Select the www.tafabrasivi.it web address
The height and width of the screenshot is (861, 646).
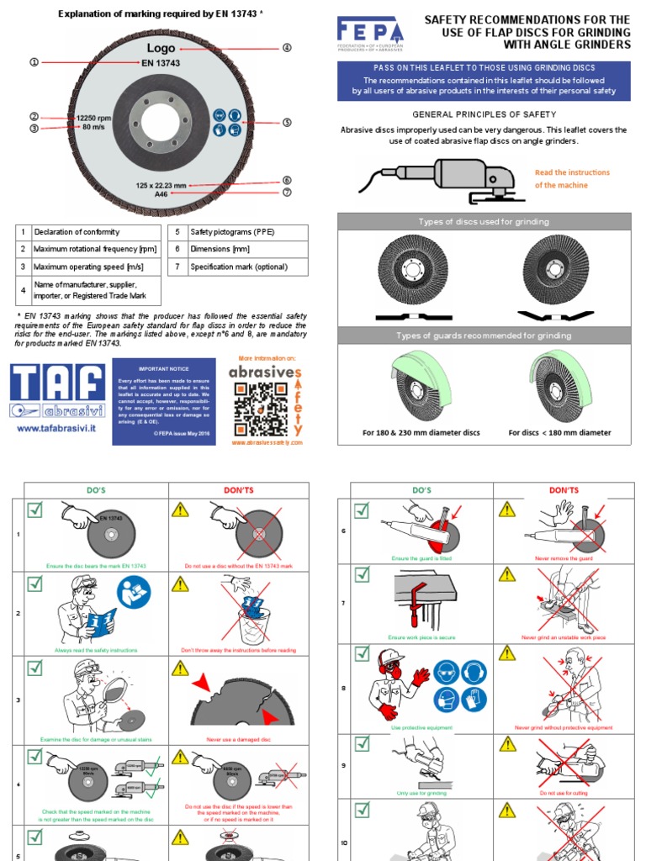[57, 428]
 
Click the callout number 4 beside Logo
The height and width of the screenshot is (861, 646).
[287, 48]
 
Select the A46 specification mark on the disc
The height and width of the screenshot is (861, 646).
[161, 193]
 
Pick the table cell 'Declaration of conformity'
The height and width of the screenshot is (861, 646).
[76, 231]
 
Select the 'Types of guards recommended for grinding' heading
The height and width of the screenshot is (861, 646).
[484, 335]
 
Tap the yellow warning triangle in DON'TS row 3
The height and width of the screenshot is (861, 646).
[180, 668]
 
